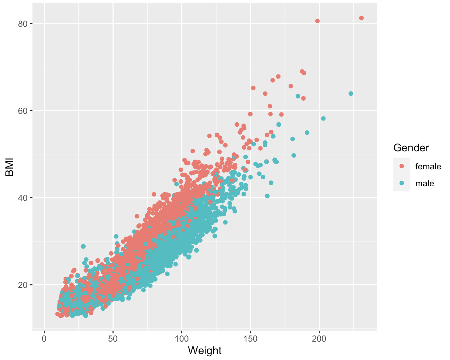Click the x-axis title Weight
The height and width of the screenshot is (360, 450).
(205, 350)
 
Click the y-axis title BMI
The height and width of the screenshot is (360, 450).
(10, 168)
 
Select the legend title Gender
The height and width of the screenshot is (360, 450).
(411, 148)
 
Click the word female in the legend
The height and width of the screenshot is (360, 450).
(428, 166)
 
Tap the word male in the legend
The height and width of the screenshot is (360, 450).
(425, 183)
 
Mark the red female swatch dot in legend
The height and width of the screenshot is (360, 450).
(402, 166)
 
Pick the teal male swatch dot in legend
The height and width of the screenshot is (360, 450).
(402, 183)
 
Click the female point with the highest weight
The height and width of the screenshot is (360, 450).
(361, 18)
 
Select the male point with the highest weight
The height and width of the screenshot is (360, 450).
(351, 94)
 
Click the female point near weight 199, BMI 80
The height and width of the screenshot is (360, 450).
(317, 21)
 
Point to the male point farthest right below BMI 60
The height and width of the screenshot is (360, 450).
(323, 118)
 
